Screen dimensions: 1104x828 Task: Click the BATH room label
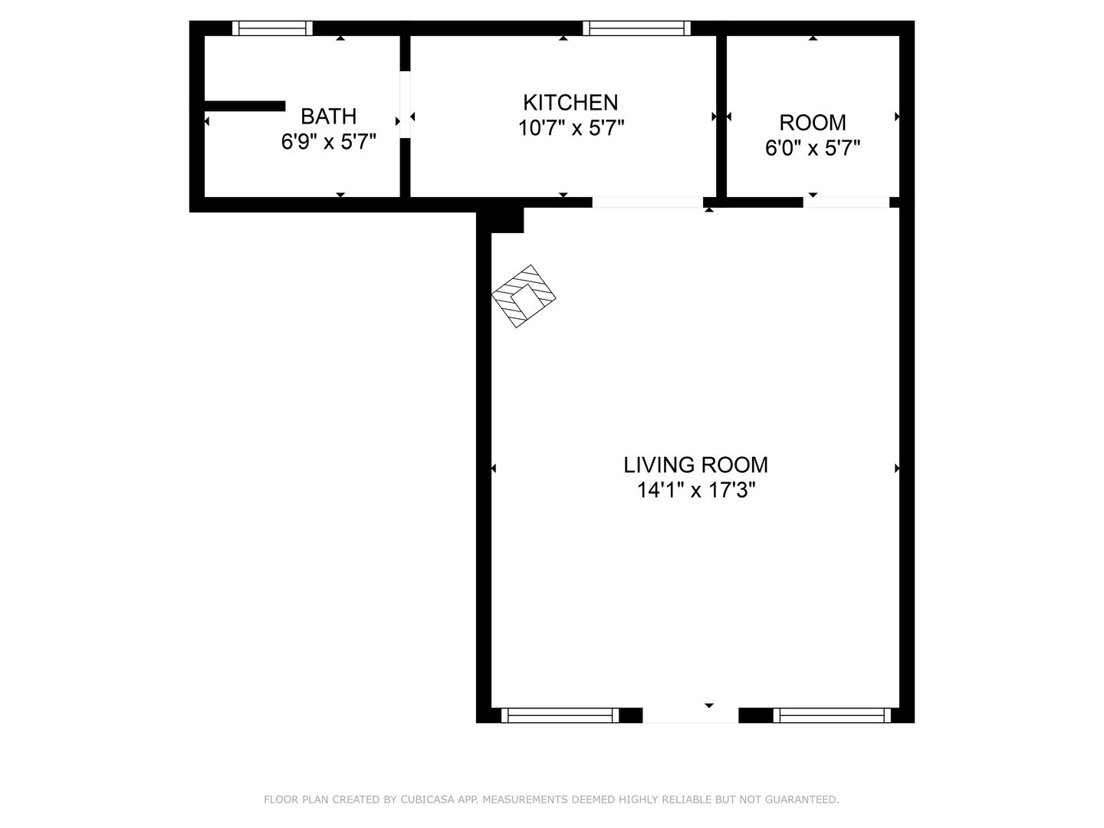point(328,117)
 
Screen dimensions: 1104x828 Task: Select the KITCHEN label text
point(570,103)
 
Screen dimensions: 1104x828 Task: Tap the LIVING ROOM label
point(695,465)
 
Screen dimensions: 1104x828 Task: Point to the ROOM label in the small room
point(812,123)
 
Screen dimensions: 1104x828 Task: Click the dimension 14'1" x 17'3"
point(696,490)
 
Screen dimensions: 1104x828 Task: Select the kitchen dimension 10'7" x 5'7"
point(571,128)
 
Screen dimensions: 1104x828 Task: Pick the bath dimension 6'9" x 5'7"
point(328,142)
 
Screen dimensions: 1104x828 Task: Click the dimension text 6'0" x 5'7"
point(812,148)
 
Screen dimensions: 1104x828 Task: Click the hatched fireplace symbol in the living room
point(524,296)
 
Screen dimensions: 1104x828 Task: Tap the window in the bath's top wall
point(272,28)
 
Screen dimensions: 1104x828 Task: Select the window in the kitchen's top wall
point(636,28)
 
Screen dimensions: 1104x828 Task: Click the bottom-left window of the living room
point(560,715)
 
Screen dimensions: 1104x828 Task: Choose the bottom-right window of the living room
point(832,715)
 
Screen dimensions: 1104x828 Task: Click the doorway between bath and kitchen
point(406,104)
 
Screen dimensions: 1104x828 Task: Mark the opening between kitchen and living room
point(647,202)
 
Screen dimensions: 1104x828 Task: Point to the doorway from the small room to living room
point(846,202)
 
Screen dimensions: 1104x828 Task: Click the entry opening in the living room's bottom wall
point(691,715)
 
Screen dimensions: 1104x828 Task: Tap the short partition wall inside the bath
point(245,106)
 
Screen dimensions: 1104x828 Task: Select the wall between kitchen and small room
point(721,117)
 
